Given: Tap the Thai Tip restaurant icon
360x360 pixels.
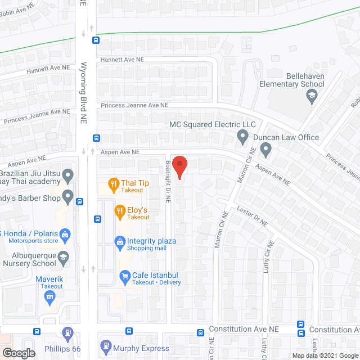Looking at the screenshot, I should (114, 183).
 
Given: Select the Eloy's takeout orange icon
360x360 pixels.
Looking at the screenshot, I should (120, 212).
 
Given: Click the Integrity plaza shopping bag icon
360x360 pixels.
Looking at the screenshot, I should (120, 242).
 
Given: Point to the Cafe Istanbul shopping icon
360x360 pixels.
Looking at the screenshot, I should (125, 276).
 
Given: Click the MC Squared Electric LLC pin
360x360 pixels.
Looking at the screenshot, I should (242, 136).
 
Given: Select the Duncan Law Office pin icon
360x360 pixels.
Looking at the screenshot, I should (266, 150).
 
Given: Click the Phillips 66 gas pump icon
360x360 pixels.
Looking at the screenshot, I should (68, 334).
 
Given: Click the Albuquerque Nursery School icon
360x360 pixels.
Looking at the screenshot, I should (64, 256).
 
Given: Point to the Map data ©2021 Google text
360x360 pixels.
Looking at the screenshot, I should (324, 355).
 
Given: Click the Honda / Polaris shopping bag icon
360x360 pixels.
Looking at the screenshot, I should (65, 233).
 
